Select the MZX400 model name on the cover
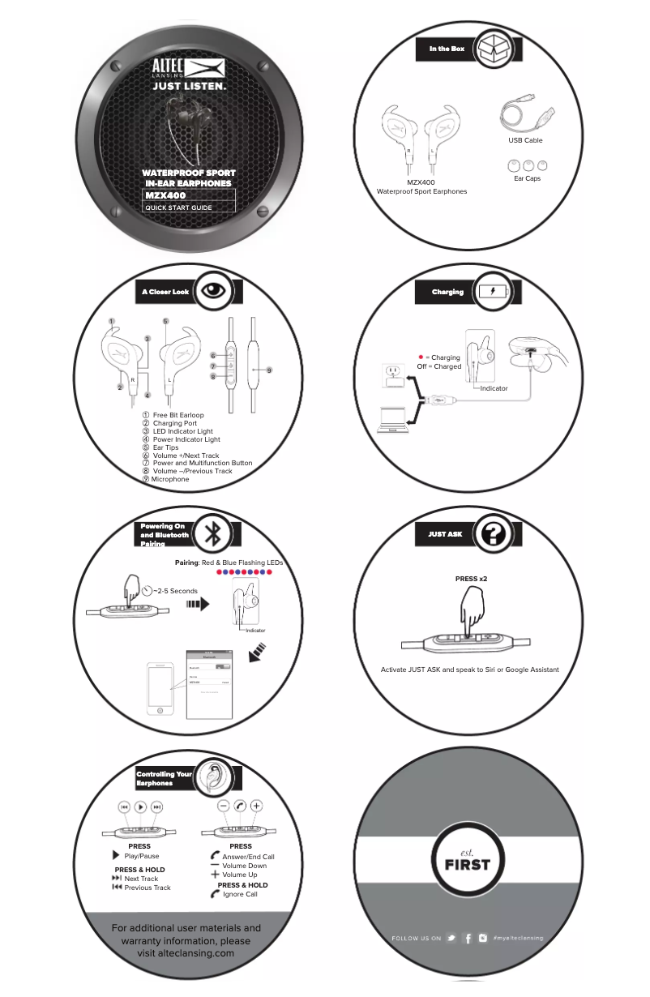coord(166,195)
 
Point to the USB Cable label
coord(525,140)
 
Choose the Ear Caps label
coord(527,178)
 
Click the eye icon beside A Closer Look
coord(213,291)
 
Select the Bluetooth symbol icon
coord(213,533)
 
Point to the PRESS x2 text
coord(471,580)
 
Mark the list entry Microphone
coord(169,479)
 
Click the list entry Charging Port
coord(174,423)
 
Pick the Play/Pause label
coord(141,856)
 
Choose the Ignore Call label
coord(240,895)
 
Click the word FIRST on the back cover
coord(467,864)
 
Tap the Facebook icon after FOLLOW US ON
coord(468,938)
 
